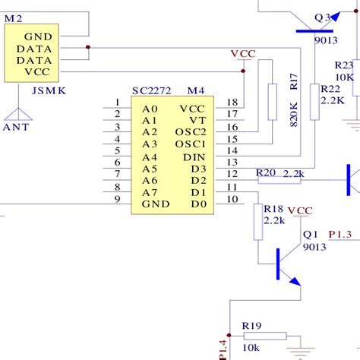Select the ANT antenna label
(x=17, y=127)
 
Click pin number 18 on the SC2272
(x=232, y=103)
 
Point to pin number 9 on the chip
(x=116, y=199)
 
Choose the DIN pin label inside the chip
(x=194, y=156)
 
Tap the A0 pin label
(x=150, y=108)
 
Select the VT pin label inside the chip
(x=197, y=120)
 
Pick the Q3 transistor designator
(x=323, y=17)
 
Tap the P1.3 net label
(x=339, y=235)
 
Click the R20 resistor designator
(x=266, y=172)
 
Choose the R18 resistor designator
(x=273, y=208)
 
